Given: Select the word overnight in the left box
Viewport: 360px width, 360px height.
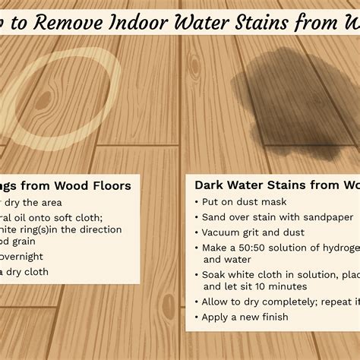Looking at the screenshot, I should point(22,257).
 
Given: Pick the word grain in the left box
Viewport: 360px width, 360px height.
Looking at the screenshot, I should point(31,243).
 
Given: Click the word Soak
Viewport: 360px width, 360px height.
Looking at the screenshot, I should point(215,274).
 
